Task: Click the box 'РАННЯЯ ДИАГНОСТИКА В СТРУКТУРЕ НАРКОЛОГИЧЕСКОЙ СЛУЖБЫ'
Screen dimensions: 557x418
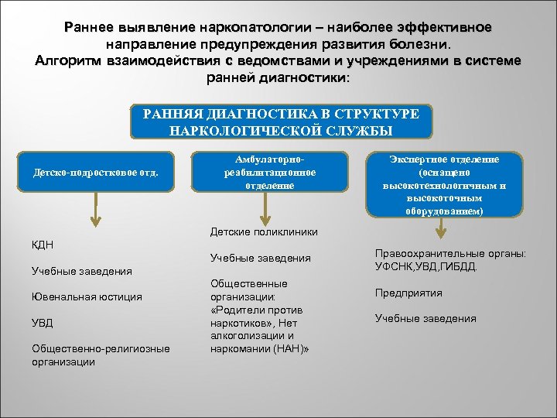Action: click(x=281, y=122)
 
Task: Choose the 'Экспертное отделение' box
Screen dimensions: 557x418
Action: click(x=443, y=185)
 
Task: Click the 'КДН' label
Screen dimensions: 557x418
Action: click(x=43, y=245)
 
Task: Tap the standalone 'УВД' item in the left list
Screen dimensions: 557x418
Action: click(x=43, y=323)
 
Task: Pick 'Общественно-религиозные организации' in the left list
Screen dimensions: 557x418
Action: click(x=101, y=355)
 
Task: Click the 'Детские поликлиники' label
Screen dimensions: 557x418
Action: click(x=264, y=231)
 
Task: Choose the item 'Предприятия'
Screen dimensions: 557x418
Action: click(x=408, y=293)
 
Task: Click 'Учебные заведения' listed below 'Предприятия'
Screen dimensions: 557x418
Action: click(x=425, y=318)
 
